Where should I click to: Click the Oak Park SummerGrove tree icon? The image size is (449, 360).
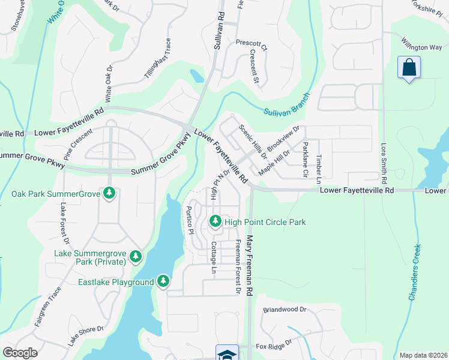(109, 193)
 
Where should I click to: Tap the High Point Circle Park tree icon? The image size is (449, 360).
(215, 222)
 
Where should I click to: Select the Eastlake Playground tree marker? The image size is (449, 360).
(163, 281)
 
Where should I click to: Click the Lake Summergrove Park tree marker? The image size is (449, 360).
(136, 257)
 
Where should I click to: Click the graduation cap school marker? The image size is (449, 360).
(228, 353)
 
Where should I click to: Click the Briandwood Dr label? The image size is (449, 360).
(285, 310)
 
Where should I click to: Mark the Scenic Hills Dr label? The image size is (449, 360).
(253, 142)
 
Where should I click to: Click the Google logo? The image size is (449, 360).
(20, 353)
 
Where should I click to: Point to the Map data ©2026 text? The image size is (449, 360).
(423, 355)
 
